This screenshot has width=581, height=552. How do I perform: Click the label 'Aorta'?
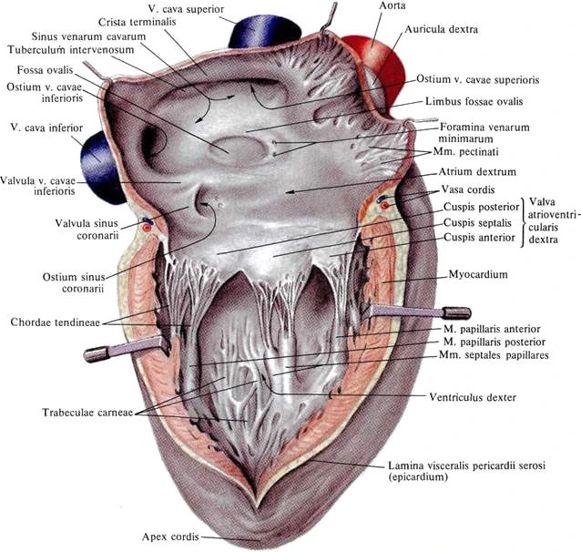tap(392, 5)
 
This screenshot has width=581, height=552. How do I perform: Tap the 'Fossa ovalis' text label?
tap(46, 70)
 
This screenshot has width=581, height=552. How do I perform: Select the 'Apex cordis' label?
tap(170, 537)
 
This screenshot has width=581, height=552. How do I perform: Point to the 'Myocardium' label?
tap(478, 274)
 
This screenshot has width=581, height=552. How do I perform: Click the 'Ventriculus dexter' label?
tap(473, 397)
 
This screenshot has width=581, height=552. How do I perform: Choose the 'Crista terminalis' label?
tap(138, 22)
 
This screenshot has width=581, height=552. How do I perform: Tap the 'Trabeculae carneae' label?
tap(87, 413)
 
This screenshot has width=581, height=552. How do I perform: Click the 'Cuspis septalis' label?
tap(477, 223)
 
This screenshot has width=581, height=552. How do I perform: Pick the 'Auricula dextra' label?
tap(442, 29)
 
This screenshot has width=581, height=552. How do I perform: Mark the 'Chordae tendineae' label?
tap(56, 322)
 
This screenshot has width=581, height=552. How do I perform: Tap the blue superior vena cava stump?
tap(264, 32)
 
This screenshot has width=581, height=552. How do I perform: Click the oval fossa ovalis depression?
tap(237, 150)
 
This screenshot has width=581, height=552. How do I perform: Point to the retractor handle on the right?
tap(420, 312)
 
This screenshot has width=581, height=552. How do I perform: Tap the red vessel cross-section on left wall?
tap(148, 228)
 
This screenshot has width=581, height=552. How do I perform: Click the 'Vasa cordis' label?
tap(467, 189)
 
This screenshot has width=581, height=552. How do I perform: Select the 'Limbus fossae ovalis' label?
tap(474, 102)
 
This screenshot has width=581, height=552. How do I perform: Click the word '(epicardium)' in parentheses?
tap(418, 476)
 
